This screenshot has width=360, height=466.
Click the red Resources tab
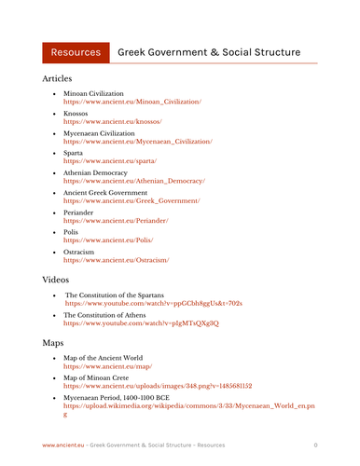pyautogui.click(x=76, y=52)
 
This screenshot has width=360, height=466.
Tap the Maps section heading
pyautogui.click(x=52, y=343)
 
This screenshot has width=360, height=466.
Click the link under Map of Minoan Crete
pyautogui.click(x=158, y=386)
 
